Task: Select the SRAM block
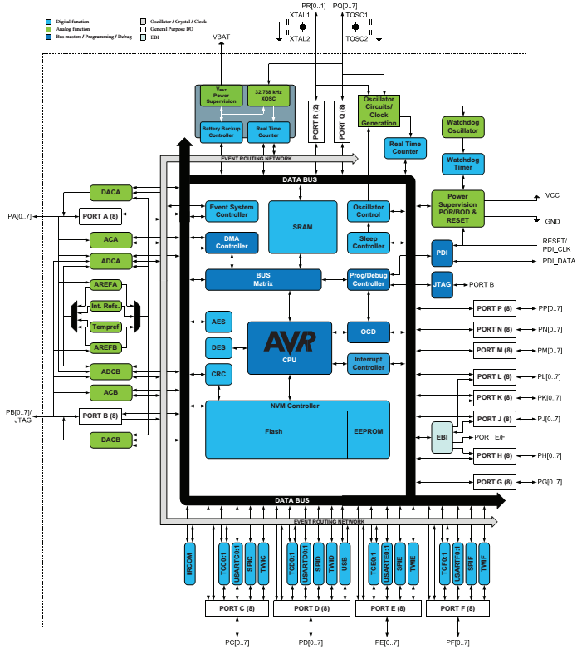coord(301,225)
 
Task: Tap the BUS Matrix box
coord(263,280)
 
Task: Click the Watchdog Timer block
coord(462,164)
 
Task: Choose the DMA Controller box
coord(232,242)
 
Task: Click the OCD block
coord(368,332)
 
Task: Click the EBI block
coord(442,437)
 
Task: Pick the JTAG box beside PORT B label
coord(442,284)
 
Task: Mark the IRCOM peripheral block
coord(190,562)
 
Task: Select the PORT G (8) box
coord(494,481)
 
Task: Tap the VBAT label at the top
coord(222,37)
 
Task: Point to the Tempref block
coord(106,327)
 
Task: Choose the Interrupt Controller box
coord(368,362)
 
